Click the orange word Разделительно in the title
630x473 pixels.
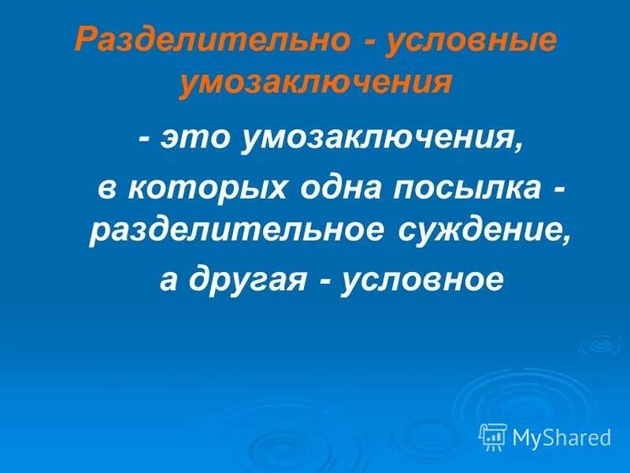coord(213,41)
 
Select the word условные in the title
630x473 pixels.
coord(472,41)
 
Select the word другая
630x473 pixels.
coord(245,280)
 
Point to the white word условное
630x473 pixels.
coord(421,280)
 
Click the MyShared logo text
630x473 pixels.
coord(561,436)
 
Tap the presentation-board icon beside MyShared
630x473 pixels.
coord(493,435)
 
